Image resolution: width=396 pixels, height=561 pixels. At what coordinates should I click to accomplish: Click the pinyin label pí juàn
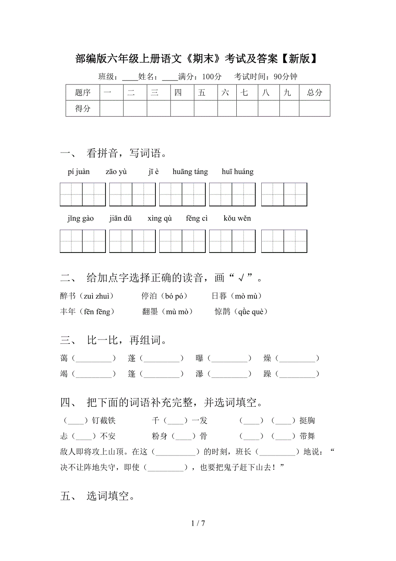(79, 172)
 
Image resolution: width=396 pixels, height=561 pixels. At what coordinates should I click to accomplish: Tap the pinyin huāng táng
(190, 172)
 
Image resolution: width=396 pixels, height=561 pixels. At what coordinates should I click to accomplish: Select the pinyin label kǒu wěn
(237, 218)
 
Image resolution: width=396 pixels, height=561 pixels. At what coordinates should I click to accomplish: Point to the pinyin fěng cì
(197, 218)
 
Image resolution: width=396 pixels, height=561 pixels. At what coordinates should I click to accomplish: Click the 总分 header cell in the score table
(315, 93)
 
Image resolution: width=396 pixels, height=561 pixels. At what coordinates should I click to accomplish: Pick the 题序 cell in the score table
(83, 93)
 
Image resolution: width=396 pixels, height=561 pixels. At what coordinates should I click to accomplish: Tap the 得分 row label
(83, 109)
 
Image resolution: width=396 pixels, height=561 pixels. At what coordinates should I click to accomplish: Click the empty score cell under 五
(205, 109)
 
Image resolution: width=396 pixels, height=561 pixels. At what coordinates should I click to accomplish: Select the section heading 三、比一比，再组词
(114, 340)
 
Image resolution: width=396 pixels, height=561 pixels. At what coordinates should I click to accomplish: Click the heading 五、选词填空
(98, 496)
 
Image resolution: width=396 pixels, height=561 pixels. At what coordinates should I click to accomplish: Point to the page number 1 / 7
(198, 524)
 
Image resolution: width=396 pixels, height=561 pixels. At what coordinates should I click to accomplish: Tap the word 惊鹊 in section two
(223, 312)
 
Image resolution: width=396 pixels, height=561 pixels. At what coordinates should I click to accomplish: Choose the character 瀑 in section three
(199, 374)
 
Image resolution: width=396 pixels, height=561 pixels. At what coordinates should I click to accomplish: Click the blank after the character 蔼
(93, 358)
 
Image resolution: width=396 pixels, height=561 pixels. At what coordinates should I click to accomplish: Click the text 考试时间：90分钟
(266, 77)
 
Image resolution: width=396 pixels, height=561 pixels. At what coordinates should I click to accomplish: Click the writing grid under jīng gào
(83, 241)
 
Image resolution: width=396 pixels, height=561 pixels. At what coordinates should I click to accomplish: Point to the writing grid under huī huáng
(284, 194)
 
